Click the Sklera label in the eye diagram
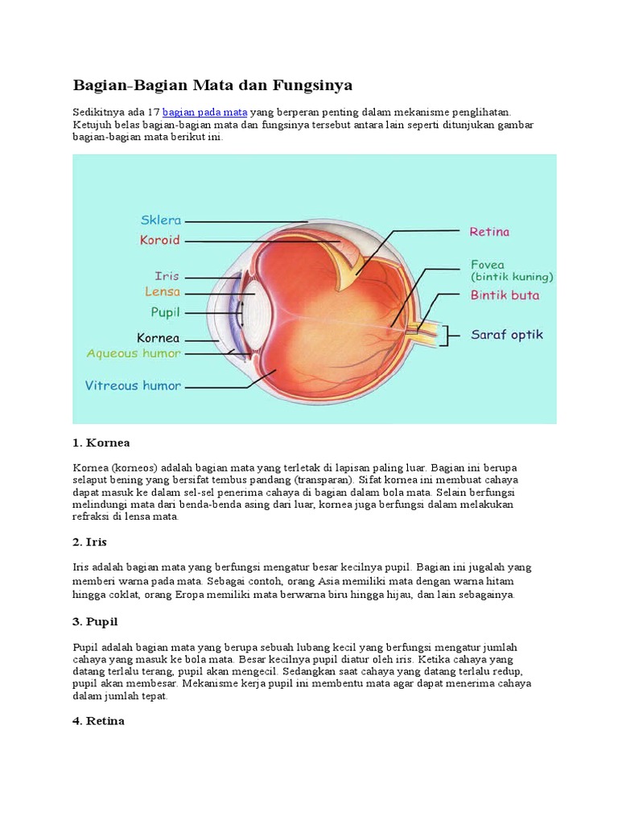(161, 220)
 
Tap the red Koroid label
(159, 240)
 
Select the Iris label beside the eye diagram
(167, 275)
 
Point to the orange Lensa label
(163, 292)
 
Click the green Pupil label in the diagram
(165, 311)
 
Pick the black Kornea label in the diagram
(158, 338)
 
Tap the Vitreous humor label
(133, 385)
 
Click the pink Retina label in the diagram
(489, 232)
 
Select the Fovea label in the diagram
(488, 264)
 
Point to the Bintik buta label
(505, 295)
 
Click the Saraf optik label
(507, 334)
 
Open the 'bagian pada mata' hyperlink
(204, 112)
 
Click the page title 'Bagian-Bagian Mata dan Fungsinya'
(212, 84)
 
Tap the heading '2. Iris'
(89, 542)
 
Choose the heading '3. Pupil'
(95, 622)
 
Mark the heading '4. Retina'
(98, 721)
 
